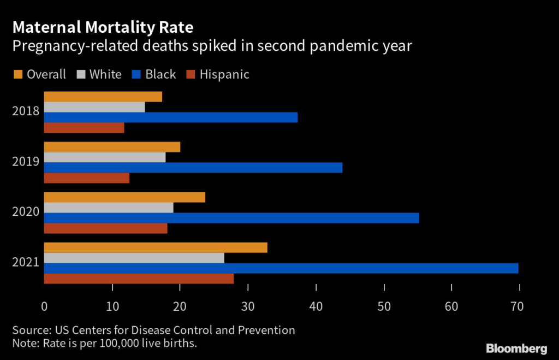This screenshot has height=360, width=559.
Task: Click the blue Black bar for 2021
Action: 281,268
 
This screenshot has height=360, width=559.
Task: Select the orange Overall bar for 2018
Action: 103,97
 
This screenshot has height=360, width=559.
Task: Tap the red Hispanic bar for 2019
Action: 87,178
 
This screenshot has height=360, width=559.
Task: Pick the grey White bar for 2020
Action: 109,208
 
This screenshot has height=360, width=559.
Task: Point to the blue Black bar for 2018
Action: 171,117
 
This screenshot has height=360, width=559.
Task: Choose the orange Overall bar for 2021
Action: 156,247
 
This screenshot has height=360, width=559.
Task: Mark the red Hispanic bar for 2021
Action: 139,279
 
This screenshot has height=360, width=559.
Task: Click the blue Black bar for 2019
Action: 193,168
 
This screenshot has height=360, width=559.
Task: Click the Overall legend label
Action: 46,74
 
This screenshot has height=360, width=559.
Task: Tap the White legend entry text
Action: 105,74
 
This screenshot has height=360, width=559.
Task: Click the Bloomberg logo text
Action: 516,348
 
